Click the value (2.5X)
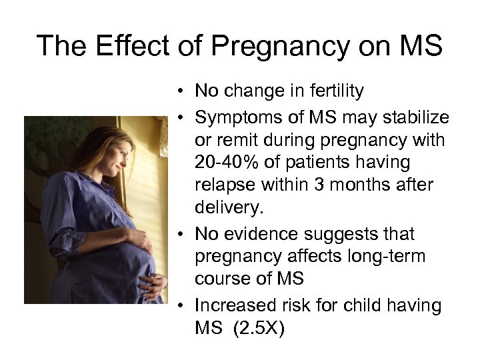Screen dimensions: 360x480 click(x=261, y=329)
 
